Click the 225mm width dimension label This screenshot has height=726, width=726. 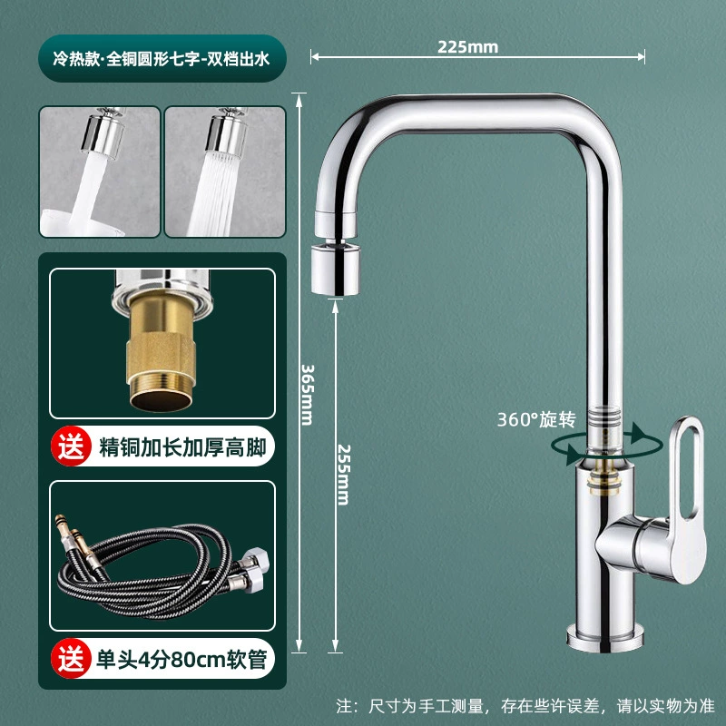pyautogui.click(x=467, y=47)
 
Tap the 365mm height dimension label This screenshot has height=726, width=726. pyautogui.click(x=308, y=395)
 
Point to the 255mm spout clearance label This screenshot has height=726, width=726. pyautogui.click(x=344, y=475)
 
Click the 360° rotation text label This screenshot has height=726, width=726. pyautogui.click(x=536, y=419)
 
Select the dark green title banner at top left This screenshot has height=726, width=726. pyautogui.click(x=162, y=58)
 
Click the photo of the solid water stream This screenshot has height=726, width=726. pyautogui.click(x=100, y=172)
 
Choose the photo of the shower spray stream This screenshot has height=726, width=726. pyautogui.click(x=225, y=172)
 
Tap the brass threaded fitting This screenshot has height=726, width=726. pyautogui.click(x=161, y=353)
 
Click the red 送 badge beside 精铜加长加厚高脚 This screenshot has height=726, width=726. pyautogui.click(x=72, y=446)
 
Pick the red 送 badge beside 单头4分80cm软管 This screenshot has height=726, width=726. pyautogui.click(x=72, y=658)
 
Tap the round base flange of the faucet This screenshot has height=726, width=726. pyautogui.click(x=604, y=638)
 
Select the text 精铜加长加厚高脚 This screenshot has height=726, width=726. pyautogui.click(x=182, y=447)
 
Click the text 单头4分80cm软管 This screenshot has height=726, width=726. pyautogui.click(x=181, y=659)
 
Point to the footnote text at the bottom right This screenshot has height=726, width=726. pyautogui.click(x=525, y=706)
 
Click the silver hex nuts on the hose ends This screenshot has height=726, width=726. pyautogui.click(x=251, y=571)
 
